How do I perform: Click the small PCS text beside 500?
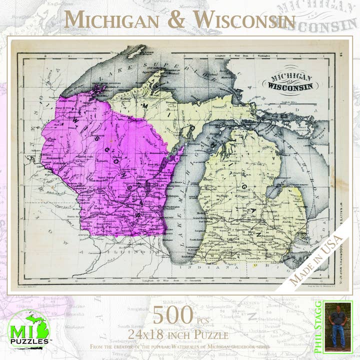click(203, 320)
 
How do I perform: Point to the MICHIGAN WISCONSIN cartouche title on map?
click(292, 82)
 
